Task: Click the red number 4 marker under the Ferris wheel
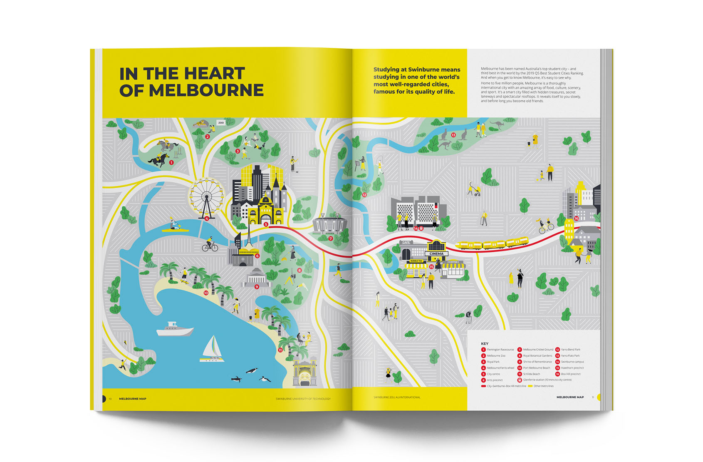207,219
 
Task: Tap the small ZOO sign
221,122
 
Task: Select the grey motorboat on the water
175,329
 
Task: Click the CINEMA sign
436,253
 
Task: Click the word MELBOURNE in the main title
206,90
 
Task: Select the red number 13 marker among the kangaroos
453,135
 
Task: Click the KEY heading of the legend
485,344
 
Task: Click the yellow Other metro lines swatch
530,386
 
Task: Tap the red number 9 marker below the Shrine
257,287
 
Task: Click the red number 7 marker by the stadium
330,238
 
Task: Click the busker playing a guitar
293,163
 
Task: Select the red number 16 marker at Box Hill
576,218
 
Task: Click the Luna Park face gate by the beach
304,374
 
